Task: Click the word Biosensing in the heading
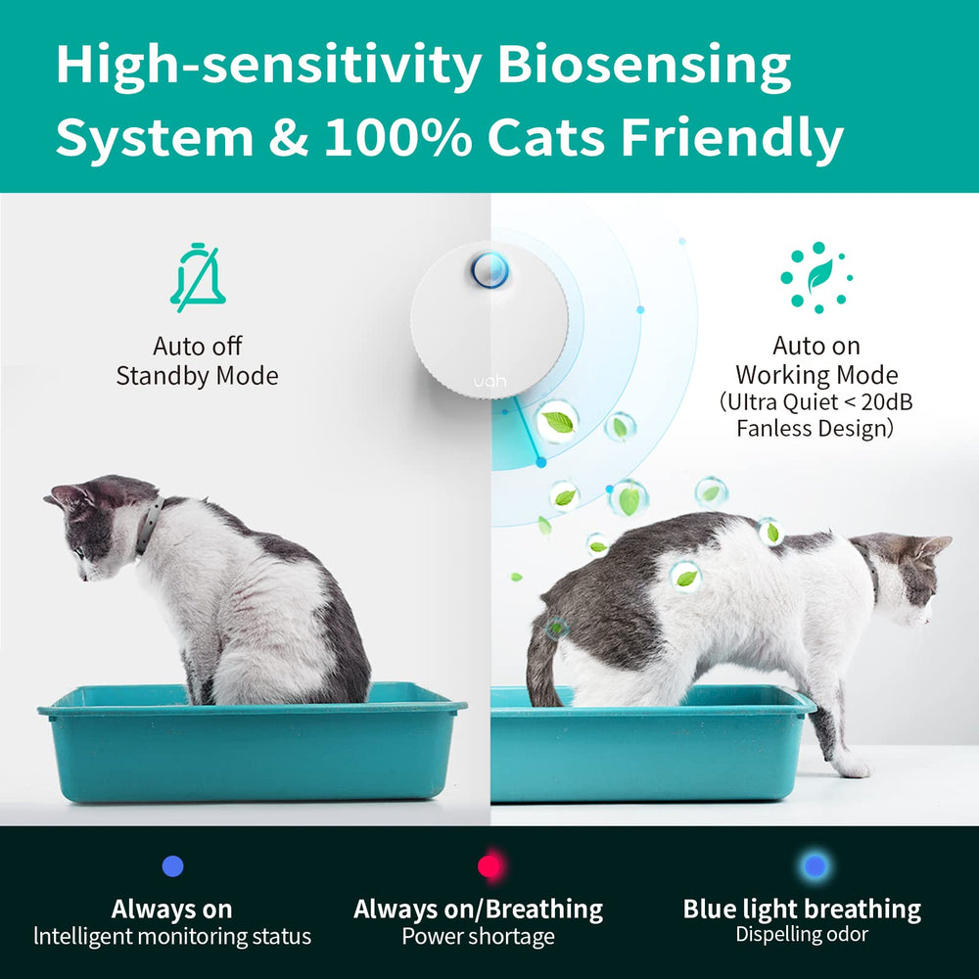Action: (643, 67)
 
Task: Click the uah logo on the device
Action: (489, 381)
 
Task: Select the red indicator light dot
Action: (489, 866)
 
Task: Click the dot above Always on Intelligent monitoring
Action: (173, 865)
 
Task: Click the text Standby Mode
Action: (197, 376)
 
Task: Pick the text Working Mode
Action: (816, 375)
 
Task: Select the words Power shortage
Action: (478, 937)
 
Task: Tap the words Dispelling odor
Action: (802, 935)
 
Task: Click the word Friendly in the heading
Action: (731, 138)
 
